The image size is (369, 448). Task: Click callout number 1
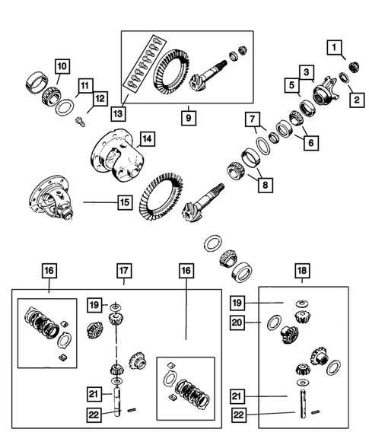[333, 49]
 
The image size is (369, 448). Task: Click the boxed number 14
[145, 139]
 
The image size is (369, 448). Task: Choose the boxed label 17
[124, 271]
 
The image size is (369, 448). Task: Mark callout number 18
[303, 271]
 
